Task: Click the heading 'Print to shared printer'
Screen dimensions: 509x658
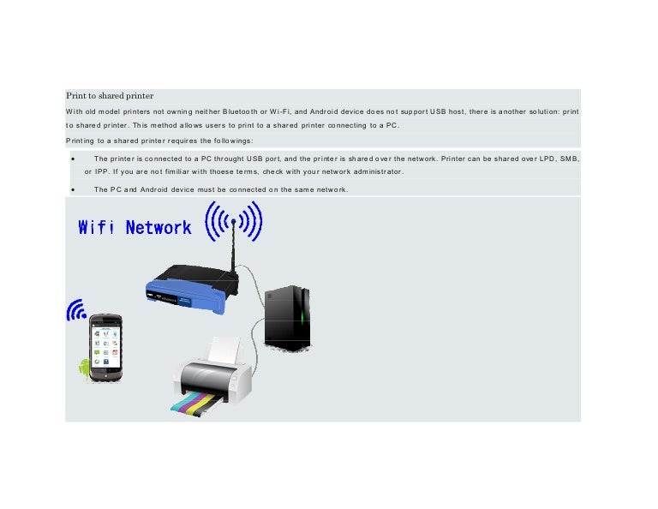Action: coord(109,95)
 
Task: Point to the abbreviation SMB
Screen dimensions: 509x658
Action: coord(566,159)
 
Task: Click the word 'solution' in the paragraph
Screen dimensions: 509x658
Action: coord(539,111)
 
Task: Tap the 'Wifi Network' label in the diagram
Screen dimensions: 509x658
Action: coord(135,227)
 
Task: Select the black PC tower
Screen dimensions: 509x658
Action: coord(287,318)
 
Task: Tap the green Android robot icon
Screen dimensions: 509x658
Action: coord(83,369)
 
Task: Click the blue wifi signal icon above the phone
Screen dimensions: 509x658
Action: coord(77,310)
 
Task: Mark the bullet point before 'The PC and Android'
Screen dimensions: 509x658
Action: coord(75,189)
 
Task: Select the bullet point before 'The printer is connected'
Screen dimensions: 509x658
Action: coord(75,159)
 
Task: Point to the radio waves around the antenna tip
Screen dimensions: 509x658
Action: coord(233,221)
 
